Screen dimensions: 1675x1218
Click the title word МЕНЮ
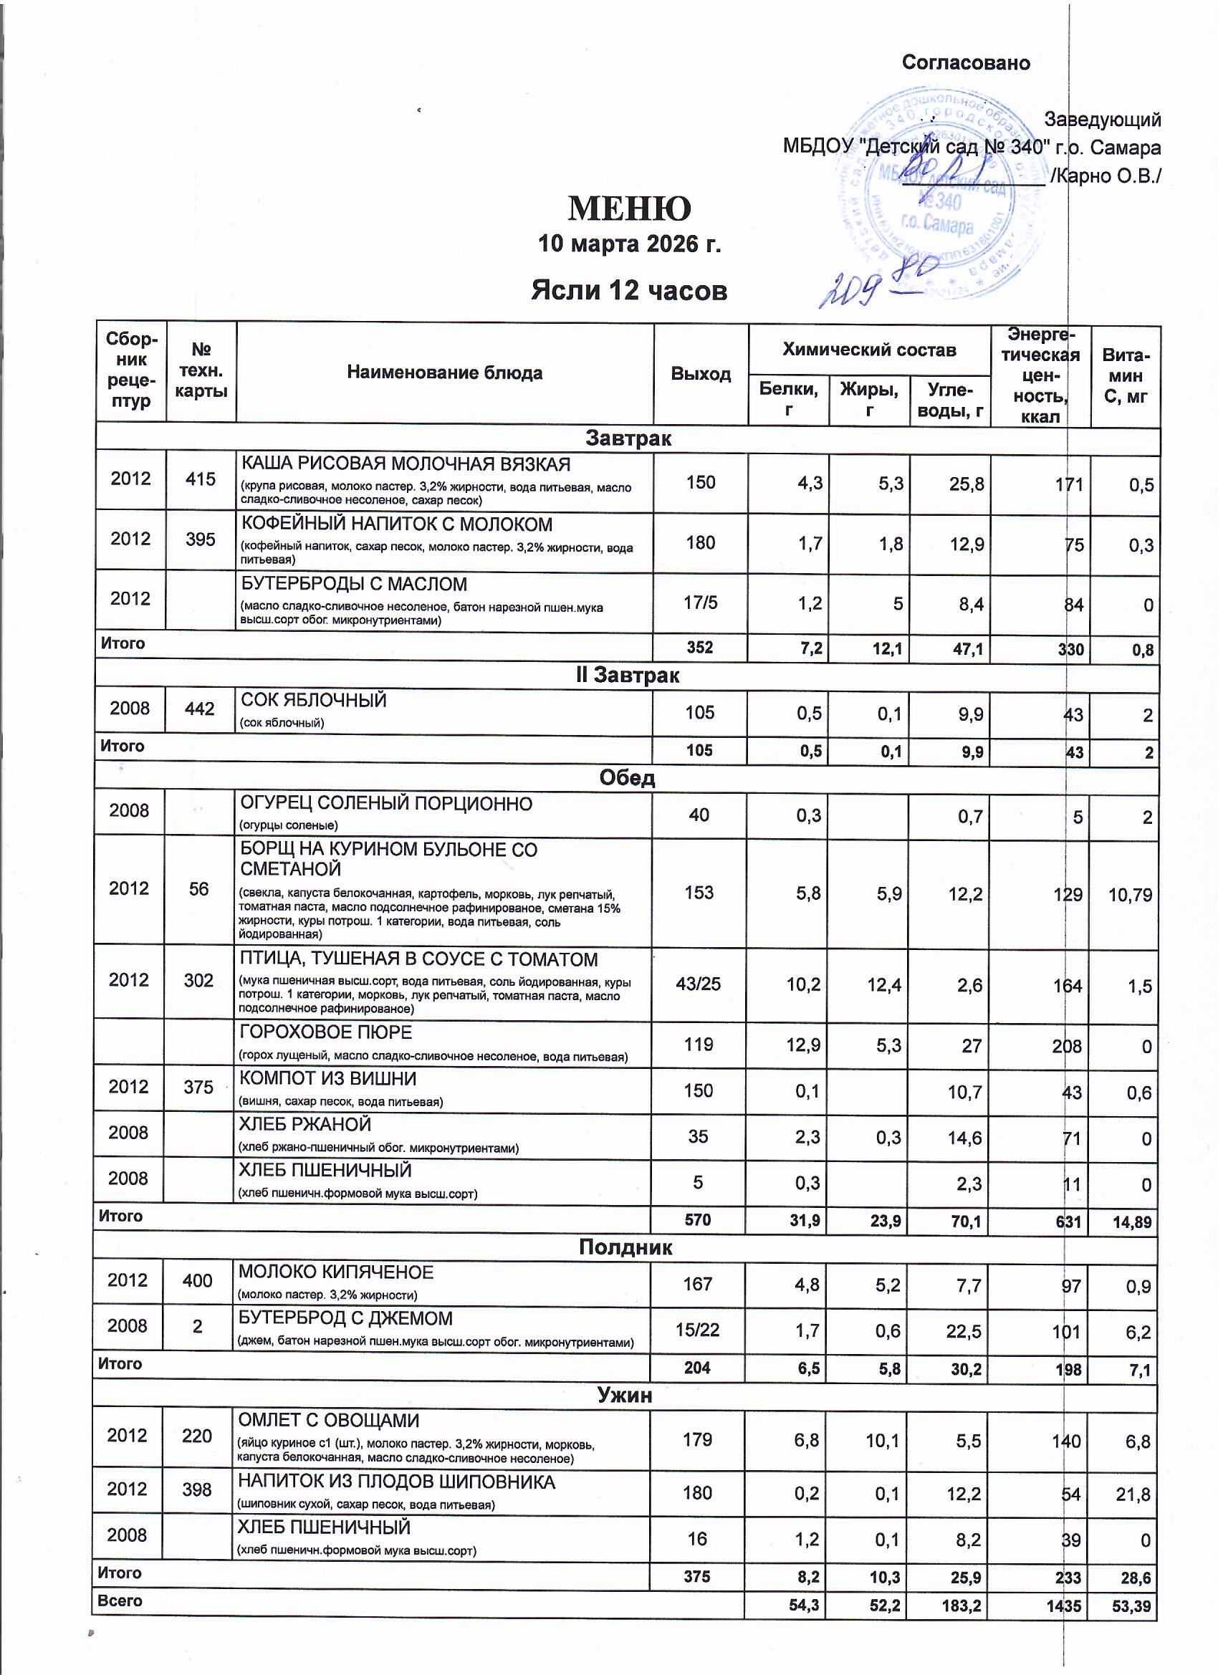pyautogui.click(x=628, y=209)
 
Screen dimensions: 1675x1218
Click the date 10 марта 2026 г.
pyautogui.click(x=628, y=243)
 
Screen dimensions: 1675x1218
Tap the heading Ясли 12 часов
pyautogui.click(x=628, y=290)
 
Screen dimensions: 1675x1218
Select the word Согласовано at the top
pyautogui.click(x=965, y=63)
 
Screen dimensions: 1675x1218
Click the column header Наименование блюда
pyautogui.click(x=445, y=373)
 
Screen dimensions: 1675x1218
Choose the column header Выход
pyautogui.click(x=700, y=374)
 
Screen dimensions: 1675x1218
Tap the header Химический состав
pyautogui.click(x=868, y=350)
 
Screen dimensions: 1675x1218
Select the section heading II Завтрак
pyautogui.click(x=627, y=675)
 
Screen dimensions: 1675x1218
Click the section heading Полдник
pyautogui.click(x=625, y=1247)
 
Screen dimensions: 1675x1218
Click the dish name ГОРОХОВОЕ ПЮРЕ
pyautogui.click(x=325, y=1032)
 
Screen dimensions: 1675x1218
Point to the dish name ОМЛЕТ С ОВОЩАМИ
pyautogui.click(x=328, y=1420)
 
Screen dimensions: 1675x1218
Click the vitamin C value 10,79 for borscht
pyautogui.click(x=1129, y=895)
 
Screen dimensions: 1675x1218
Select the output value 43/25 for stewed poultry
pyautogui.click(x=698, y=984)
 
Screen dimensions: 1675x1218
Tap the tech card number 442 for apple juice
pyautogui.click(x=199, y=709)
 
